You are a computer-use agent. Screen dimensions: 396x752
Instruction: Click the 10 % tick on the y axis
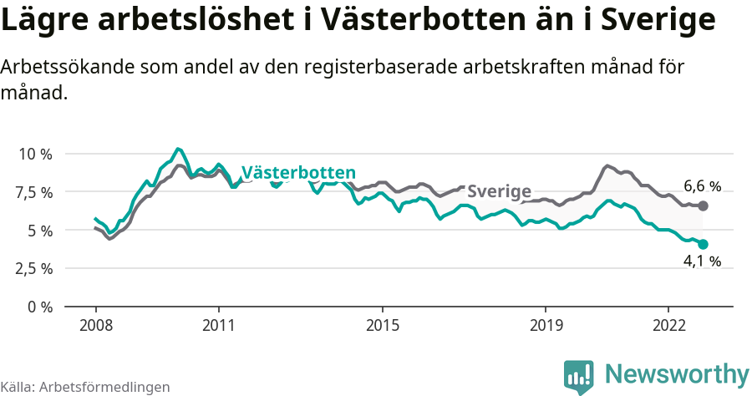coord(35,154)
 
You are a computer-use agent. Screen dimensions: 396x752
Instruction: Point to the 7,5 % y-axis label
coord(35,192)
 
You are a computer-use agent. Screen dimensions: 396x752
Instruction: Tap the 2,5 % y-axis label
coord(35,268)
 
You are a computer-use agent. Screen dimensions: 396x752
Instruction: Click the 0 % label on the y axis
coord(39,307)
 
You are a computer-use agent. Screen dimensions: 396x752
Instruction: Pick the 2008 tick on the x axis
coord(95,324)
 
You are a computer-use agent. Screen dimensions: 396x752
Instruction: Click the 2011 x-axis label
coord(218,324)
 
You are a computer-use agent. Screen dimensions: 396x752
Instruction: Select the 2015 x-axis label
coord(382,324)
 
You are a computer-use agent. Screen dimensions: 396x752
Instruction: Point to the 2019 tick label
coord(546,324)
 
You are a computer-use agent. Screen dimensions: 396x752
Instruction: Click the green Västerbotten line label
coord(298,173)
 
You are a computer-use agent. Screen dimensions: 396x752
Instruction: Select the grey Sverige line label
coord(499,191)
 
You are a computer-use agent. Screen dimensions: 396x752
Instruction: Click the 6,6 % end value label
coord(702,186)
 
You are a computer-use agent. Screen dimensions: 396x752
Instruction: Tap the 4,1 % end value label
coord(702,261)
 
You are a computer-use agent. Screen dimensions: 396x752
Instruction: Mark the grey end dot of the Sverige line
coord(703,206)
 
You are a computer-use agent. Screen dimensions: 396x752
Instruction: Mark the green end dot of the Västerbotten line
coord(703,244)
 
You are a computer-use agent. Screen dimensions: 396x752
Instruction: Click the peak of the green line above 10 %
coord(177,149)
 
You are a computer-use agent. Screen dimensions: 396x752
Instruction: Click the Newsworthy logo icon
coord(578,375)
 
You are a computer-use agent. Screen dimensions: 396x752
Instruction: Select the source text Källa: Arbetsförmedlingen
coord(85,387)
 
